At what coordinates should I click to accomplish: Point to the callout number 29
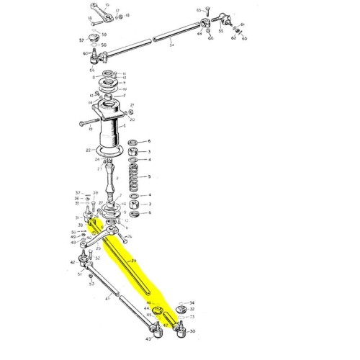pyautogui.click(x=132, y=260)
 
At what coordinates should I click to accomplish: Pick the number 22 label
pyautogui.click(x=87, y=150)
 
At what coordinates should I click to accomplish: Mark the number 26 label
pyautogui.click(x=130, y=236)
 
